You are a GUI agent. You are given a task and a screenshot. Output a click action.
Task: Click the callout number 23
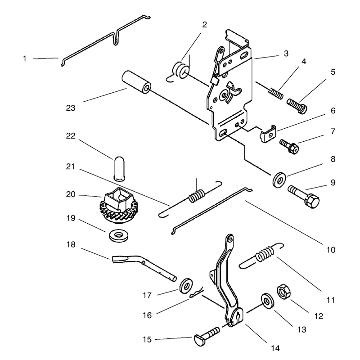[71, 108]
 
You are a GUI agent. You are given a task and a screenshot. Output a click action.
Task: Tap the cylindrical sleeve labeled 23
[136, 82]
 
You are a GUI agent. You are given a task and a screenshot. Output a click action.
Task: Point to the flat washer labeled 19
[119, 235]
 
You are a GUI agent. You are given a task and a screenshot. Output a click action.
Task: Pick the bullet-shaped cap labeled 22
[119, 169]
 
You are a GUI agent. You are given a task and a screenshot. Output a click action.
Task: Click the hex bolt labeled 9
[303, 197]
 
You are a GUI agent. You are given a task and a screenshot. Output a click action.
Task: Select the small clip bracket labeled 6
[268, 133]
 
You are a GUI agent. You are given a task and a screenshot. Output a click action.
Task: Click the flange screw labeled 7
[289, 147]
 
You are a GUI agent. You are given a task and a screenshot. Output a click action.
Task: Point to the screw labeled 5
[297, 106]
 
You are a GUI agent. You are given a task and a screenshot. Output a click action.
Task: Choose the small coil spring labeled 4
[276, 94]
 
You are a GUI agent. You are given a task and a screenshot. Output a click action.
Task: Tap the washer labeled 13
[267, 301]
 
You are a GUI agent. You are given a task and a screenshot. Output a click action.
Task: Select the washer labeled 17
[186, 285]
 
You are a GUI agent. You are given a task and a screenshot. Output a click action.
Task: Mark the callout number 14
[275, 348]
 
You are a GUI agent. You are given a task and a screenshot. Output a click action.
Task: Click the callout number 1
[25, 59]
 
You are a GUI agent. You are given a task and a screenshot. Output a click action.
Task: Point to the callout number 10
[331, 250]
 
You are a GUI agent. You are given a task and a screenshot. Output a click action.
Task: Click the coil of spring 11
[265, 254]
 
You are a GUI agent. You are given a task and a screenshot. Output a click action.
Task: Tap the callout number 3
[286, 54]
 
